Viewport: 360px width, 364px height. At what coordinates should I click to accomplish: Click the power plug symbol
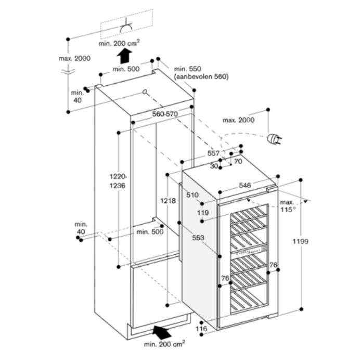(x=273, y=139)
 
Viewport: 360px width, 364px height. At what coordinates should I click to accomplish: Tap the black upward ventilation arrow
(x=124, y=54)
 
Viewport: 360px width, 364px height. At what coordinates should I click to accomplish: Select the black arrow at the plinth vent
(x=162, y=331)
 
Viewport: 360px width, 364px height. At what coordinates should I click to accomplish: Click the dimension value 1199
(x=301, y=241)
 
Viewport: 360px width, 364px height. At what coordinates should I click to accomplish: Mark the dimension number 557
(x=213, y=153)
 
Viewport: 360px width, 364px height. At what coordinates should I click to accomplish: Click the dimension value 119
(x=203, y=212)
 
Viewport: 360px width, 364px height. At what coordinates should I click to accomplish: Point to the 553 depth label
(x=196, y=237)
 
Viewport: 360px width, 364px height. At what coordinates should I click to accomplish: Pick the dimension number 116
(x=201, y=329)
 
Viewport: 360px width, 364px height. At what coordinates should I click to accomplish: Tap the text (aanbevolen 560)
(x=201, y=77)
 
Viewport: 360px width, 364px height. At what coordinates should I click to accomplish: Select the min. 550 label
(x=187, y=69)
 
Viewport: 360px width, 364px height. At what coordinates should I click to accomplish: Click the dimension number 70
(x=238, y=161)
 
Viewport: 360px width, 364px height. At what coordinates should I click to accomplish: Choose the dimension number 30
(x=214, y=166)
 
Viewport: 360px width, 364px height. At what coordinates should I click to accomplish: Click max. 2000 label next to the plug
(x=239, y=120)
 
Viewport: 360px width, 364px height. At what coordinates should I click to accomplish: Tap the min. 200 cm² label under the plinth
(x=164, y=344)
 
